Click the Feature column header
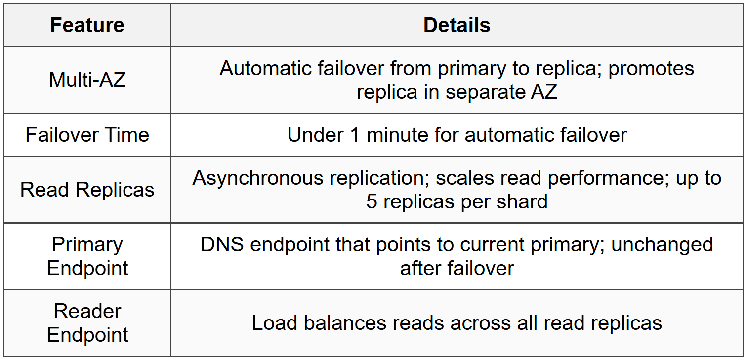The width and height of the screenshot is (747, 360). click(87, 25)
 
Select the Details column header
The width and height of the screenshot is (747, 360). click(456, 25)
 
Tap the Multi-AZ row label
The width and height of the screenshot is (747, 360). click(87, 80)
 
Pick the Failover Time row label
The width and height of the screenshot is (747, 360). click(87, 135)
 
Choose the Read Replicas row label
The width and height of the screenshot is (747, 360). click(87, 190)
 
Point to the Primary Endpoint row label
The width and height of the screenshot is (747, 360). click(87, 256)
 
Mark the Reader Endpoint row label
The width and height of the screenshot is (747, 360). click(87, 322)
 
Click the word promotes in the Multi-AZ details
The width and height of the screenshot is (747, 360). click(651, 69)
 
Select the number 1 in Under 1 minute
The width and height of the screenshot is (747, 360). click(354, 135)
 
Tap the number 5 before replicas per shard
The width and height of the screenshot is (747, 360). click(372, 201)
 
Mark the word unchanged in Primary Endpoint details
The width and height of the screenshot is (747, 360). click(662, 244)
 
